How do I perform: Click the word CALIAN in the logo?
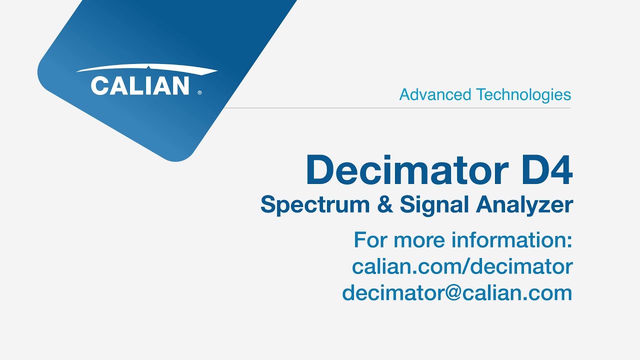click(140, 85)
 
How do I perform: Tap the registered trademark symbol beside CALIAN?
click(200, 92)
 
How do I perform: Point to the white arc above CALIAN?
click(146, 68)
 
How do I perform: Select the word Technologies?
click(523, 94)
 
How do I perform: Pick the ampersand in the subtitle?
click(385, 205)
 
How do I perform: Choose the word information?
click(512, 240)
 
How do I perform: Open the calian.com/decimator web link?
click(462, 266)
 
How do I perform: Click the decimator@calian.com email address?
click(457, 292)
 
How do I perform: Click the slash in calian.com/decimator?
click(464, 266)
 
